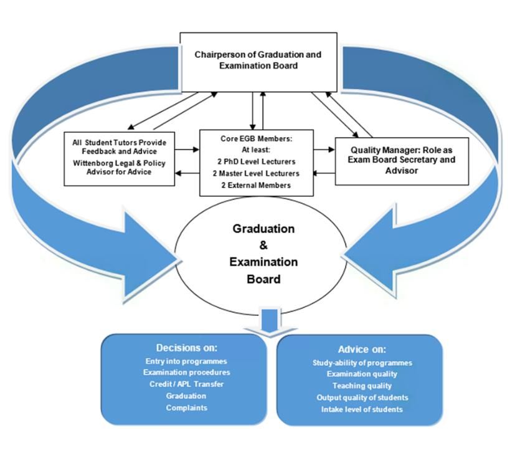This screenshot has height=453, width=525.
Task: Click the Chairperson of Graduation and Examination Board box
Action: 258,62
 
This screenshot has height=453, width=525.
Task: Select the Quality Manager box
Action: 402,161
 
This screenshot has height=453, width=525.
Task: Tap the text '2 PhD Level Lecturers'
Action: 257,161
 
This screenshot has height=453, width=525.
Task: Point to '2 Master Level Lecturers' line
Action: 256,174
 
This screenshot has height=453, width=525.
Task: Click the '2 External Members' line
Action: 256,185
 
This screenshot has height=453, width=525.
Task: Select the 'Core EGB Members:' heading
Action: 257,139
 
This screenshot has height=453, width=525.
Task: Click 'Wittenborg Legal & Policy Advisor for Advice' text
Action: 119,168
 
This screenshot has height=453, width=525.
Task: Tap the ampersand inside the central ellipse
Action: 263,246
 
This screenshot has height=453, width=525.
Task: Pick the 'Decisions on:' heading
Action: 187,348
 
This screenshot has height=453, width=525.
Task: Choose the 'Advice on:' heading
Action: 362,350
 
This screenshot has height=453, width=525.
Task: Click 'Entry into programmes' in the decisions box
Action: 186,361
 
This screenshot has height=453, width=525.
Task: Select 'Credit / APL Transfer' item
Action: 186,384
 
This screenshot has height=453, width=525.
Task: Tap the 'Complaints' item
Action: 186,408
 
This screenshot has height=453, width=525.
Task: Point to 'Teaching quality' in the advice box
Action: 362,386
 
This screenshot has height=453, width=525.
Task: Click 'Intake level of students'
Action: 362,409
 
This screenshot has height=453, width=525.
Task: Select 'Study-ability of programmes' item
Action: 362,363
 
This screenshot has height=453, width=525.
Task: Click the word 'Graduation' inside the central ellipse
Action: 263,229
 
